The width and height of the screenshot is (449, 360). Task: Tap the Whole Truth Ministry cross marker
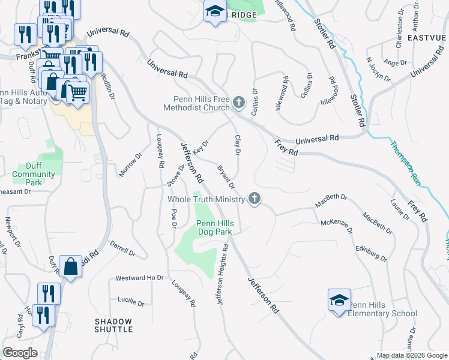pyautogui.click(x=255, y=199)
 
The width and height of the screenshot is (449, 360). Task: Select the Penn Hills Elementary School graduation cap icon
pyautogui.click(x=339, y=299)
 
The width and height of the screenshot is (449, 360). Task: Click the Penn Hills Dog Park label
pyautogui.click(x=215, y=227)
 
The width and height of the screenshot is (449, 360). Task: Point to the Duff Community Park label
pyautogui.click(x=34, y=170)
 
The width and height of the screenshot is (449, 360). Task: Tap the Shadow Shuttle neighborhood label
pyautogui.click(x=113, y=325)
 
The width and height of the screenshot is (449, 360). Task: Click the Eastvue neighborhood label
pyautogui.click(x=427, y=37)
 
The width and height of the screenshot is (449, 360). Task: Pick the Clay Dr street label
pyautogui.click(x=237, y=146)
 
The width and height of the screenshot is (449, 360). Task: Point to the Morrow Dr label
pyautogui.click(x=130, y=164)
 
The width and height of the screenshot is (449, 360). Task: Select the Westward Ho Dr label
pyautogui.click(x=139, y=278)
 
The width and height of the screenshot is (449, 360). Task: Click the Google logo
pyautogui.click(x=20, y=353)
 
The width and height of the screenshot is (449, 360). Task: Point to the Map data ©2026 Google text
pyautogui.click(x=412, y=355)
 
